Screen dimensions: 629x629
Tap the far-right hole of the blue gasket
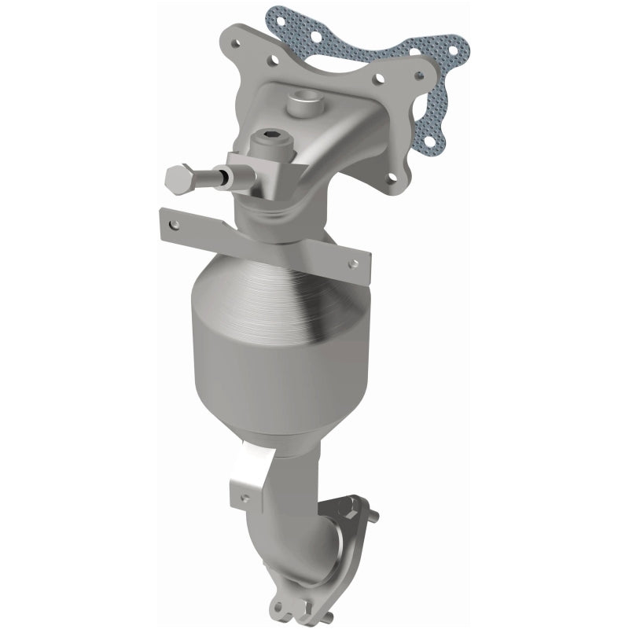(x=458, y=53)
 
